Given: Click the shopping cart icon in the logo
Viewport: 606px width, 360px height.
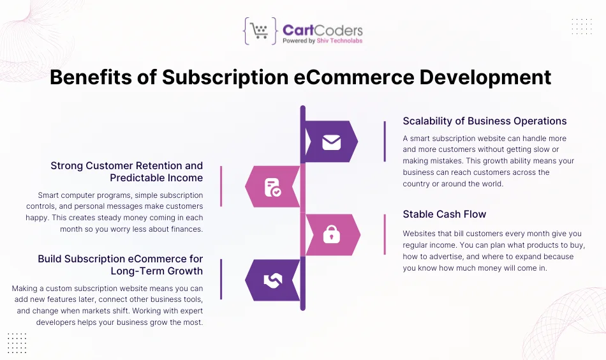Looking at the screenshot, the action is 259,31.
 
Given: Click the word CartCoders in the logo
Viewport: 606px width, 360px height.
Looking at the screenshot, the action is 323,30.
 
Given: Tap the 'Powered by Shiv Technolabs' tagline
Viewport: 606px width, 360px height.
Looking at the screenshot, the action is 323,41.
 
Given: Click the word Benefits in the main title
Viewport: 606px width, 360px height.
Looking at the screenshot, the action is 91,77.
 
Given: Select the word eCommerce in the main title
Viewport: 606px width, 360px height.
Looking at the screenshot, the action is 354,77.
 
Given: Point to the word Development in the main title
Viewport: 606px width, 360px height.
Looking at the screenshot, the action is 485,78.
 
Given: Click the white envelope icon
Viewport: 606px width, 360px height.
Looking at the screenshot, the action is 332,142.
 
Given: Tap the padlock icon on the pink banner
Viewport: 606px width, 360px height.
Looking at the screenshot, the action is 332,234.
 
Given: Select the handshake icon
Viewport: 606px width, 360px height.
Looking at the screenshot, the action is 273,281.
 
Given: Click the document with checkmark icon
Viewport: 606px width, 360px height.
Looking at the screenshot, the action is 272,187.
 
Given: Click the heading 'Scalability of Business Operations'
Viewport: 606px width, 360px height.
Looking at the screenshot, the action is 485,121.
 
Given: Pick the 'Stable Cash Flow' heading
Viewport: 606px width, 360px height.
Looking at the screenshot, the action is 445,214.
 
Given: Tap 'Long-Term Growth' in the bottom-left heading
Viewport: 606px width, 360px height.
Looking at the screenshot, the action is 156,271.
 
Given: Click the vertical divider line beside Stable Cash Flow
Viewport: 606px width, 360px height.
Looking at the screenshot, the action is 385,234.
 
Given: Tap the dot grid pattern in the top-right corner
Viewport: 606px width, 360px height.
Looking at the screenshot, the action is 582,26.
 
